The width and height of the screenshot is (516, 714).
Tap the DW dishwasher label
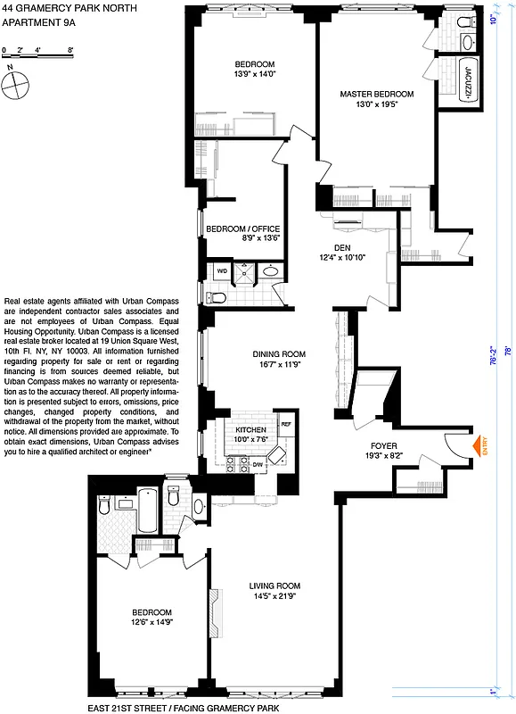coord(258,464)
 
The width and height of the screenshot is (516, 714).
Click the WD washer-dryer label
coord(223,269)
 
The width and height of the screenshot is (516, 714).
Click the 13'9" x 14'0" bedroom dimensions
coord(255,75)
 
